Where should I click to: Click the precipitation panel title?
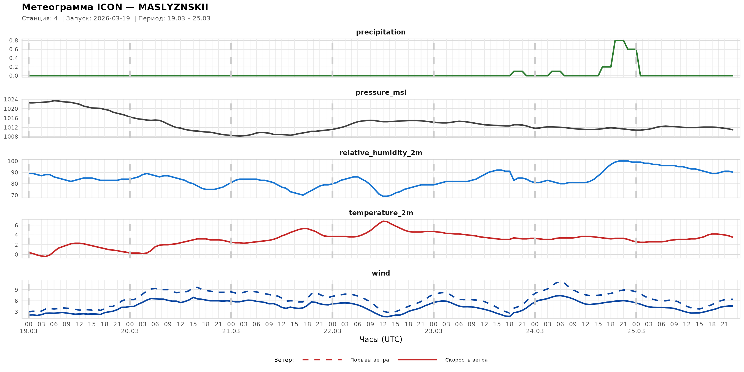pos(381,32)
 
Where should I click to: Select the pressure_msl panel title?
pos(381,92)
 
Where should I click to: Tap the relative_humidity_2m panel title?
pos(381,153)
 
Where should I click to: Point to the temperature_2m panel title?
pos(381,213)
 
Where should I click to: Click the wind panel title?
pos(381,273)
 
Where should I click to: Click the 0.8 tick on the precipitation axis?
pos(13,41)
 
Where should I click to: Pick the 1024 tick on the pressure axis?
pos(11,100)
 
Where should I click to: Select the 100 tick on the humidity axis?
pos(12,161)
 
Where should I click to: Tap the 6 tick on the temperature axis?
pos(16,225)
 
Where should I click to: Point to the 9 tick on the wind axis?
pos(16,290)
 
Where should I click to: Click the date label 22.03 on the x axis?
pos(332,331)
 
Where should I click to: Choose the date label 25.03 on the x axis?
pos(636,331)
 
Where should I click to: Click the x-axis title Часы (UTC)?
pos(381,339)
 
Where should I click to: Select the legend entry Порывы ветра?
pos(370,360)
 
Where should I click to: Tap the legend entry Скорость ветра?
pos(466,360)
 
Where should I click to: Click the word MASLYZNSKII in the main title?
pos(173,7)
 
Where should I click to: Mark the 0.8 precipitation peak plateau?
pos(619,41)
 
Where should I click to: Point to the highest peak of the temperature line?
pos(383,221)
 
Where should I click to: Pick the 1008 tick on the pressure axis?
pos(11,137)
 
